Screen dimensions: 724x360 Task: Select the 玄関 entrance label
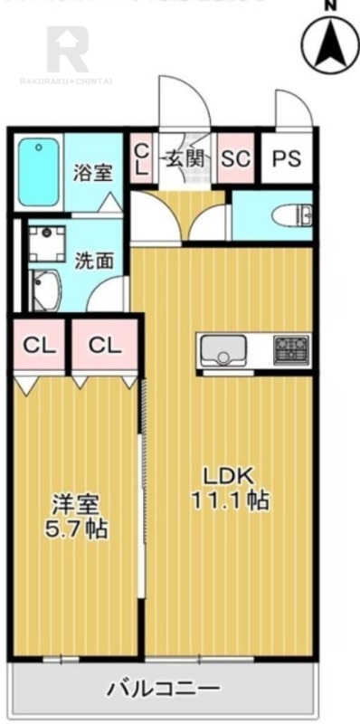tap(183, 157)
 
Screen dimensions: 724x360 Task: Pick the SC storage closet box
tap(236, 157)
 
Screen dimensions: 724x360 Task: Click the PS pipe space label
tap(287, 157)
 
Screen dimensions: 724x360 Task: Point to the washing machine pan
tap(44, 243)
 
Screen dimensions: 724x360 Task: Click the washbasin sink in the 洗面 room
tap(44, 290)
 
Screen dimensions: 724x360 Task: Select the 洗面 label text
tap(94, 260)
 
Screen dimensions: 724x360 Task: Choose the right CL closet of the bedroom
tap(104, 345)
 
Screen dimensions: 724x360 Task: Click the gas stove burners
tap(292, 347)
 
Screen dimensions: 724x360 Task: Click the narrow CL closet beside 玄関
tap(141, 157)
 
